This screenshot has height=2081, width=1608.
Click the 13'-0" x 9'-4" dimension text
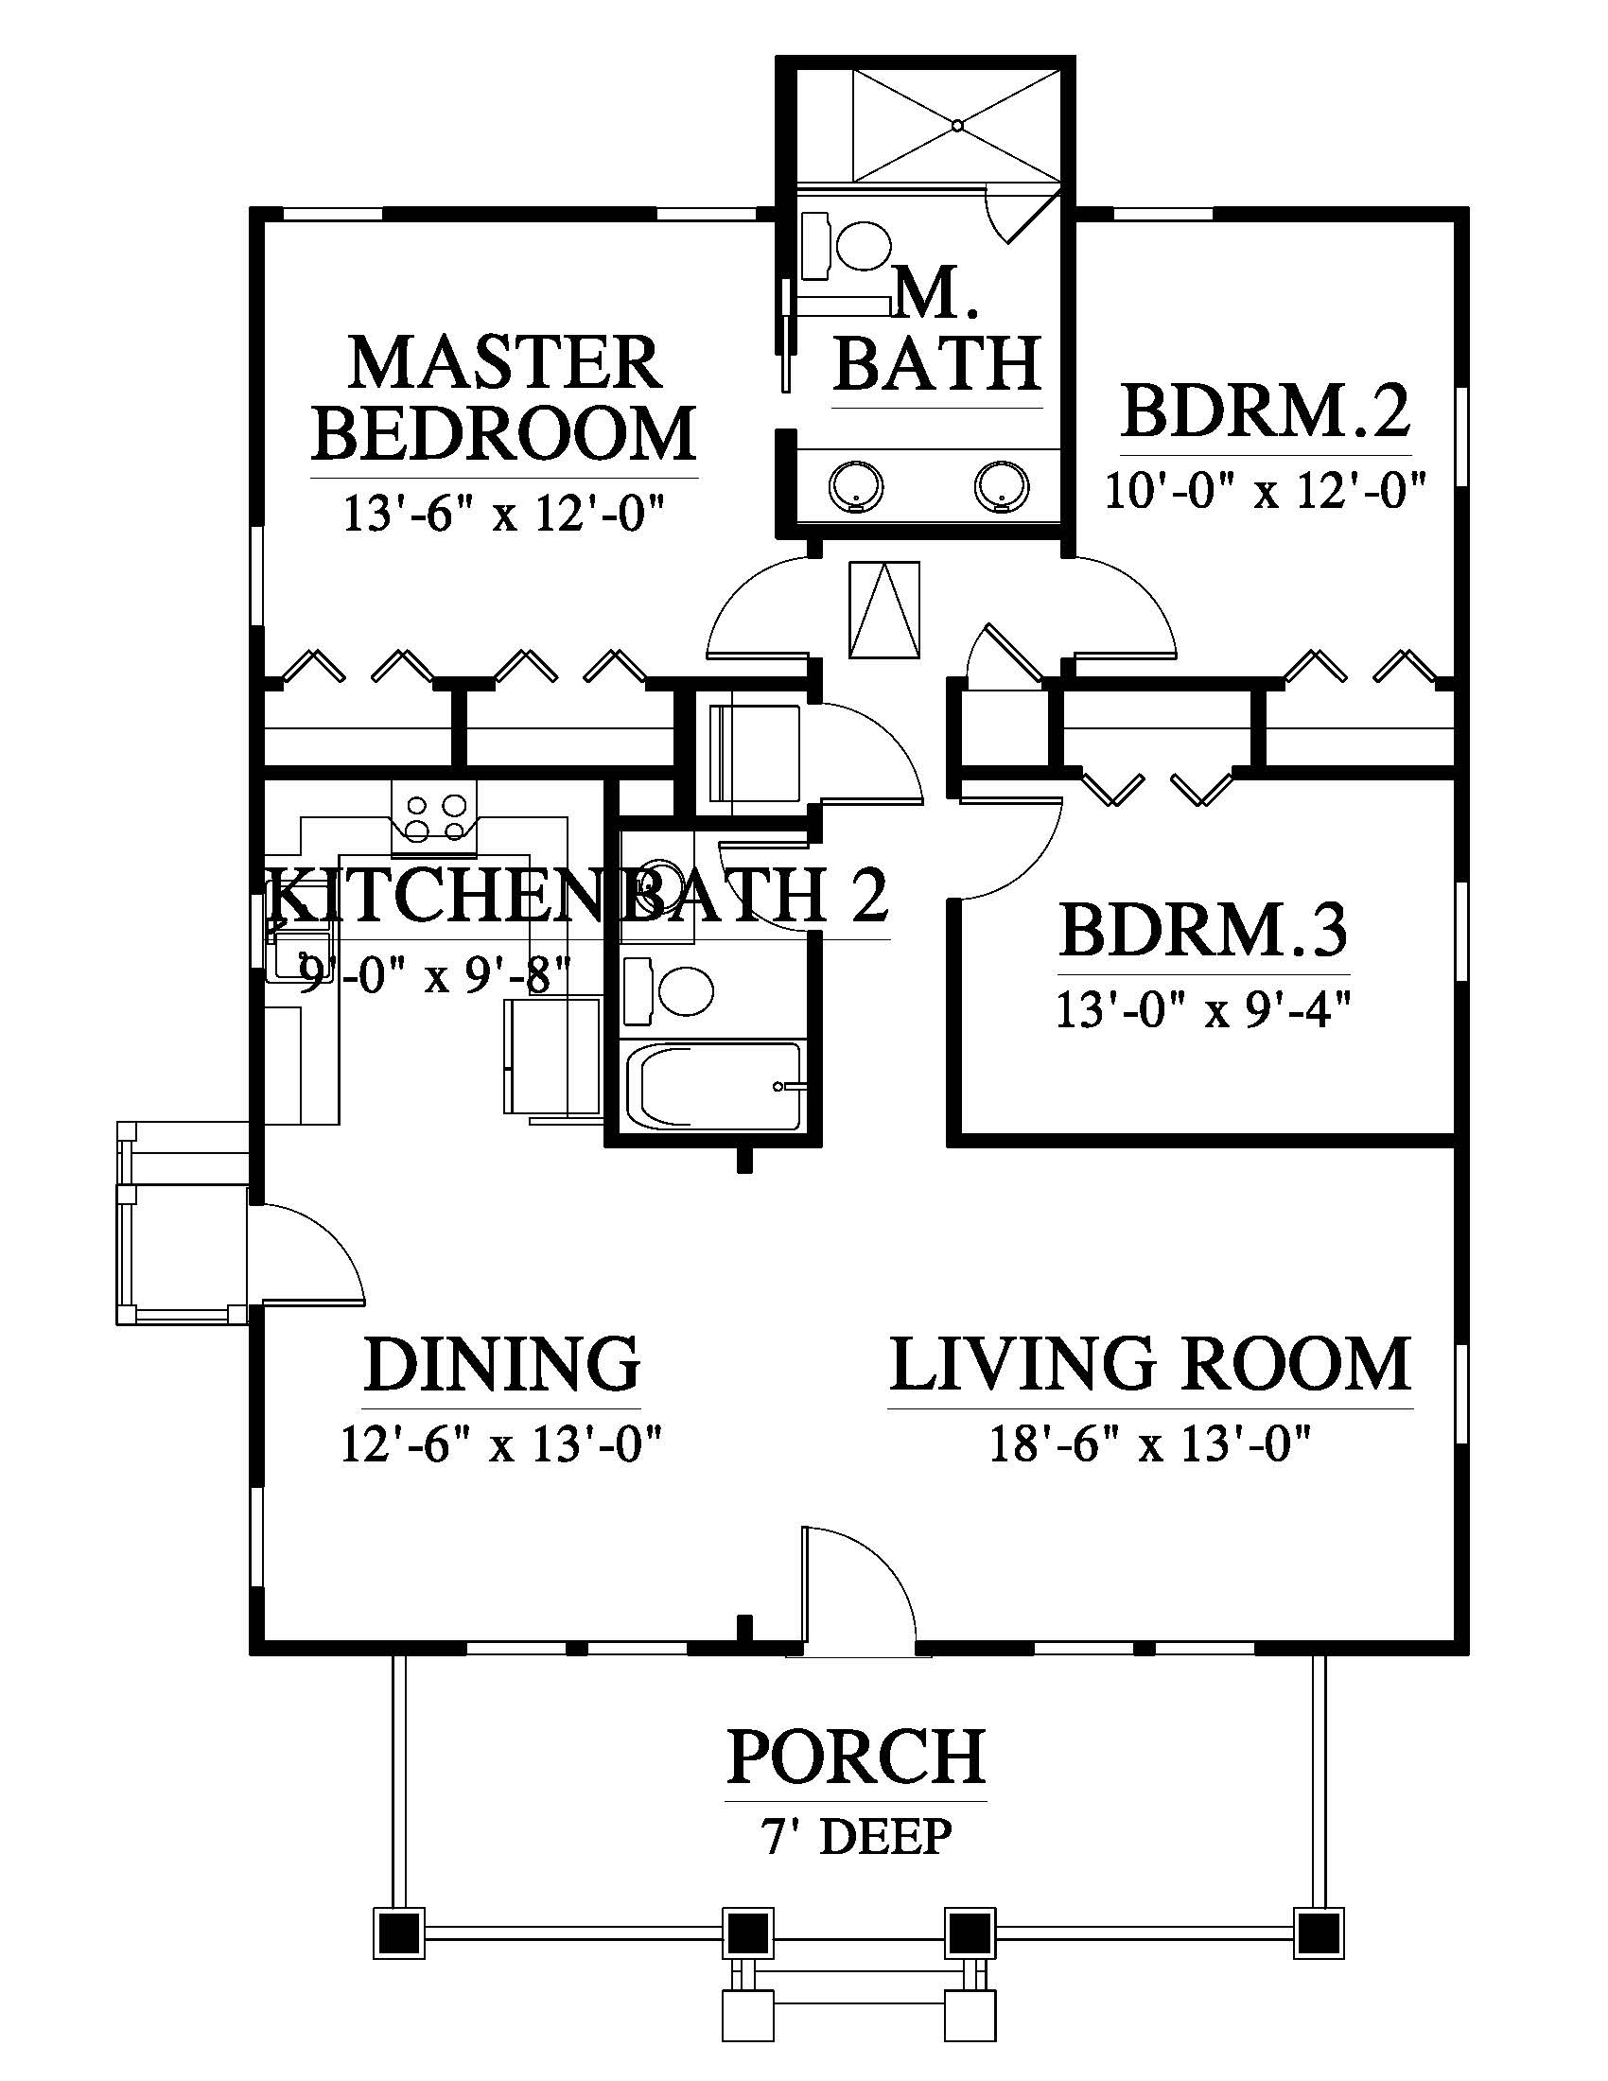tap(1202, 1010)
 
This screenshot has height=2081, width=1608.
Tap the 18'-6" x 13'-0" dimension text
tap(1151, 1444)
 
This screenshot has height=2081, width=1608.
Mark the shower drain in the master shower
tap(957, 124)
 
